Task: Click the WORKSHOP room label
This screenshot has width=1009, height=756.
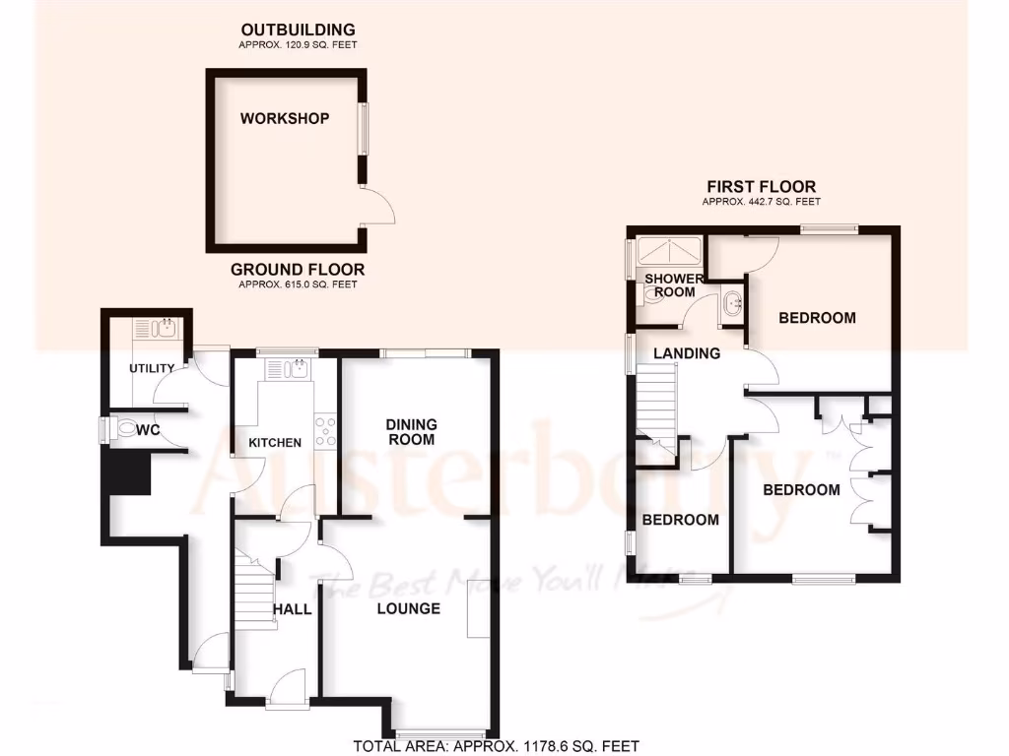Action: [x=284, y=119]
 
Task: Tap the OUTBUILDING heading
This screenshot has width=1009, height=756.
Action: [x=298, y=31]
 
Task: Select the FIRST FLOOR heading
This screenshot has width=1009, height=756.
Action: [x=761, y=187]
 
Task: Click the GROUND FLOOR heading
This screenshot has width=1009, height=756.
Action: [x=298, y=270]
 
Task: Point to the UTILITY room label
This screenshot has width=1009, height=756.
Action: [x=152, y=369]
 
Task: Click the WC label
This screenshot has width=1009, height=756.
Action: [x=149, y=430]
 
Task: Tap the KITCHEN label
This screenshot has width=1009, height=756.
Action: [x=275, y=443]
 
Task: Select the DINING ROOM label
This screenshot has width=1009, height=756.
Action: [x=411, y=432]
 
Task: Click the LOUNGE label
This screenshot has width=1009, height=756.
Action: [x=409, y=609]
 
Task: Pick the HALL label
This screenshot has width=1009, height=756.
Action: [x=293, y=610]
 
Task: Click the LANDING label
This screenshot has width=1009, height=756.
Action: [x=690, y=353]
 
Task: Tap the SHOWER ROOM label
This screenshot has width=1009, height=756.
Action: [x=674, y=285]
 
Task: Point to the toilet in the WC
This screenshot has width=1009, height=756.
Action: [x=125, y=430]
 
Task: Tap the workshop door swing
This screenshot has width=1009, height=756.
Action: [x=378, y=207]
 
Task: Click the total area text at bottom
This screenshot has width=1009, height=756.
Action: [x=497, y=745]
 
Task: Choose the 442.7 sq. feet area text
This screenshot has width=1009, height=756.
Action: [x=761, y=202]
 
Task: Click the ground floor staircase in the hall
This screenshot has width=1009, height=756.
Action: [x=254, y=591]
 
